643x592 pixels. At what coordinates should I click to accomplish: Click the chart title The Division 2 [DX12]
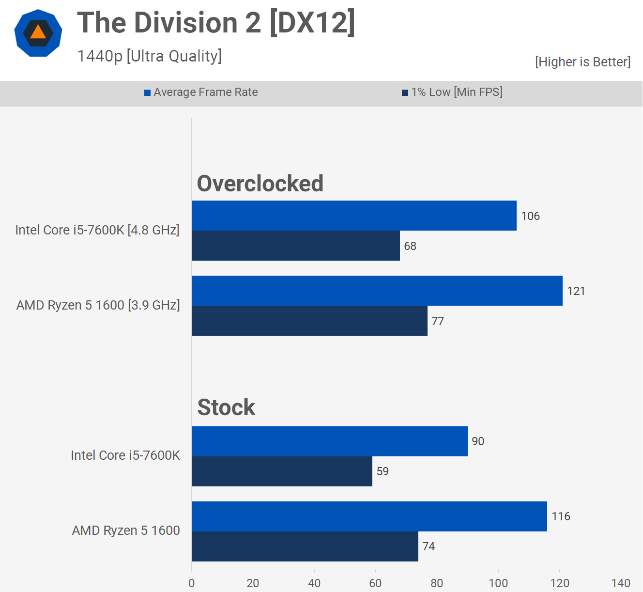pos(216,23)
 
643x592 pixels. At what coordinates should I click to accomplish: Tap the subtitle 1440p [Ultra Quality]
pos(150,56)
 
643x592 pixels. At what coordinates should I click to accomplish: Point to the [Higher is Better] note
pos(582,62)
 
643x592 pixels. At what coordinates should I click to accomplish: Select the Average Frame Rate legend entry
pos(201,92)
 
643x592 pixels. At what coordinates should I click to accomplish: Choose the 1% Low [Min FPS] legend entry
pos(452,92)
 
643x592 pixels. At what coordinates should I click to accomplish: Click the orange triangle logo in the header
pos(38,33)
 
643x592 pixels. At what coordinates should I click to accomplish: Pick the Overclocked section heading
pos(260,184)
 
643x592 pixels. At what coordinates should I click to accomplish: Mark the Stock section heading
pos(226,407)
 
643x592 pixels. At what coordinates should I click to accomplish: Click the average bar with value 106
pos(354,216)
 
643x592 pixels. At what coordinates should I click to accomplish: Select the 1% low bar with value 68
pos(296,246)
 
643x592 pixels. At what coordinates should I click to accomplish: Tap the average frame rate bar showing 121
pos(377,291)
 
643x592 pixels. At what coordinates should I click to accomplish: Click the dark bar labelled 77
pos(309,321)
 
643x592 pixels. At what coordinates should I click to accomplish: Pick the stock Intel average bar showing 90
pos(330,441)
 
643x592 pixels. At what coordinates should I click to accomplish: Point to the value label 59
pos(383,471)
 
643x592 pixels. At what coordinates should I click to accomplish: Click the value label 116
pos(561,516)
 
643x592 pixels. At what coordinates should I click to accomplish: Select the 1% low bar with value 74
pos(305,546)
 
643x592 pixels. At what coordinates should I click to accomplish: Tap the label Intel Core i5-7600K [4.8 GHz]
pos(97,230)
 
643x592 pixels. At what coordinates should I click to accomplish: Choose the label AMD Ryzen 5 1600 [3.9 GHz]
pos(98,305)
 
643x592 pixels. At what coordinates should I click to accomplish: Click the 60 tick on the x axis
pos(375,583)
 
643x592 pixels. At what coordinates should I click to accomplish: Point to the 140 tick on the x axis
pos(621,583)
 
